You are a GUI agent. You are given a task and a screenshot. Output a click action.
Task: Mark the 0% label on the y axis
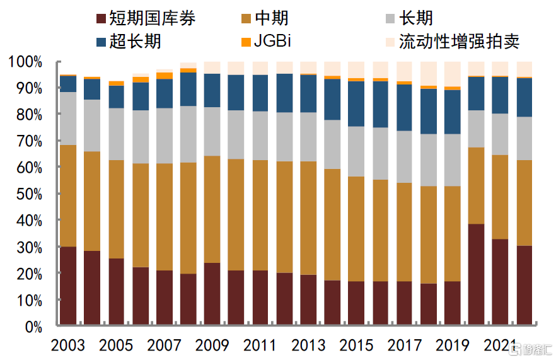click(x=33, y=327)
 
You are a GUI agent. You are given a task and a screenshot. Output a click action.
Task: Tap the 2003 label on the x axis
click(x=68, y=345)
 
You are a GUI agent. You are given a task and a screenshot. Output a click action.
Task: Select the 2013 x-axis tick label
click(x=308, y=345)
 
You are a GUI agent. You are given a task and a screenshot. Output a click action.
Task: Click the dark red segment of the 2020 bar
click(x=476, y=275)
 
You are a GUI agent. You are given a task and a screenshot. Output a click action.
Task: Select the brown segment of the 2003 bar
click(x=68, y=195)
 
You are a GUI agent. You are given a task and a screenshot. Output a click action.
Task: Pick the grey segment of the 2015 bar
click(x=356, y=151)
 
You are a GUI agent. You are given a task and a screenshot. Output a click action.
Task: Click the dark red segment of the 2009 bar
click(x=212, y=294)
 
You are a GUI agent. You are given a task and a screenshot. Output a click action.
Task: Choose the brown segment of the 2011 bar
click(x=260, y=215)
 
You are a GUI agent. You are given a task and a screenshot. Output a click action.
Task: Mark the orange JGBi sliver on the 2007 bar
click(x=164, y=76)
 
